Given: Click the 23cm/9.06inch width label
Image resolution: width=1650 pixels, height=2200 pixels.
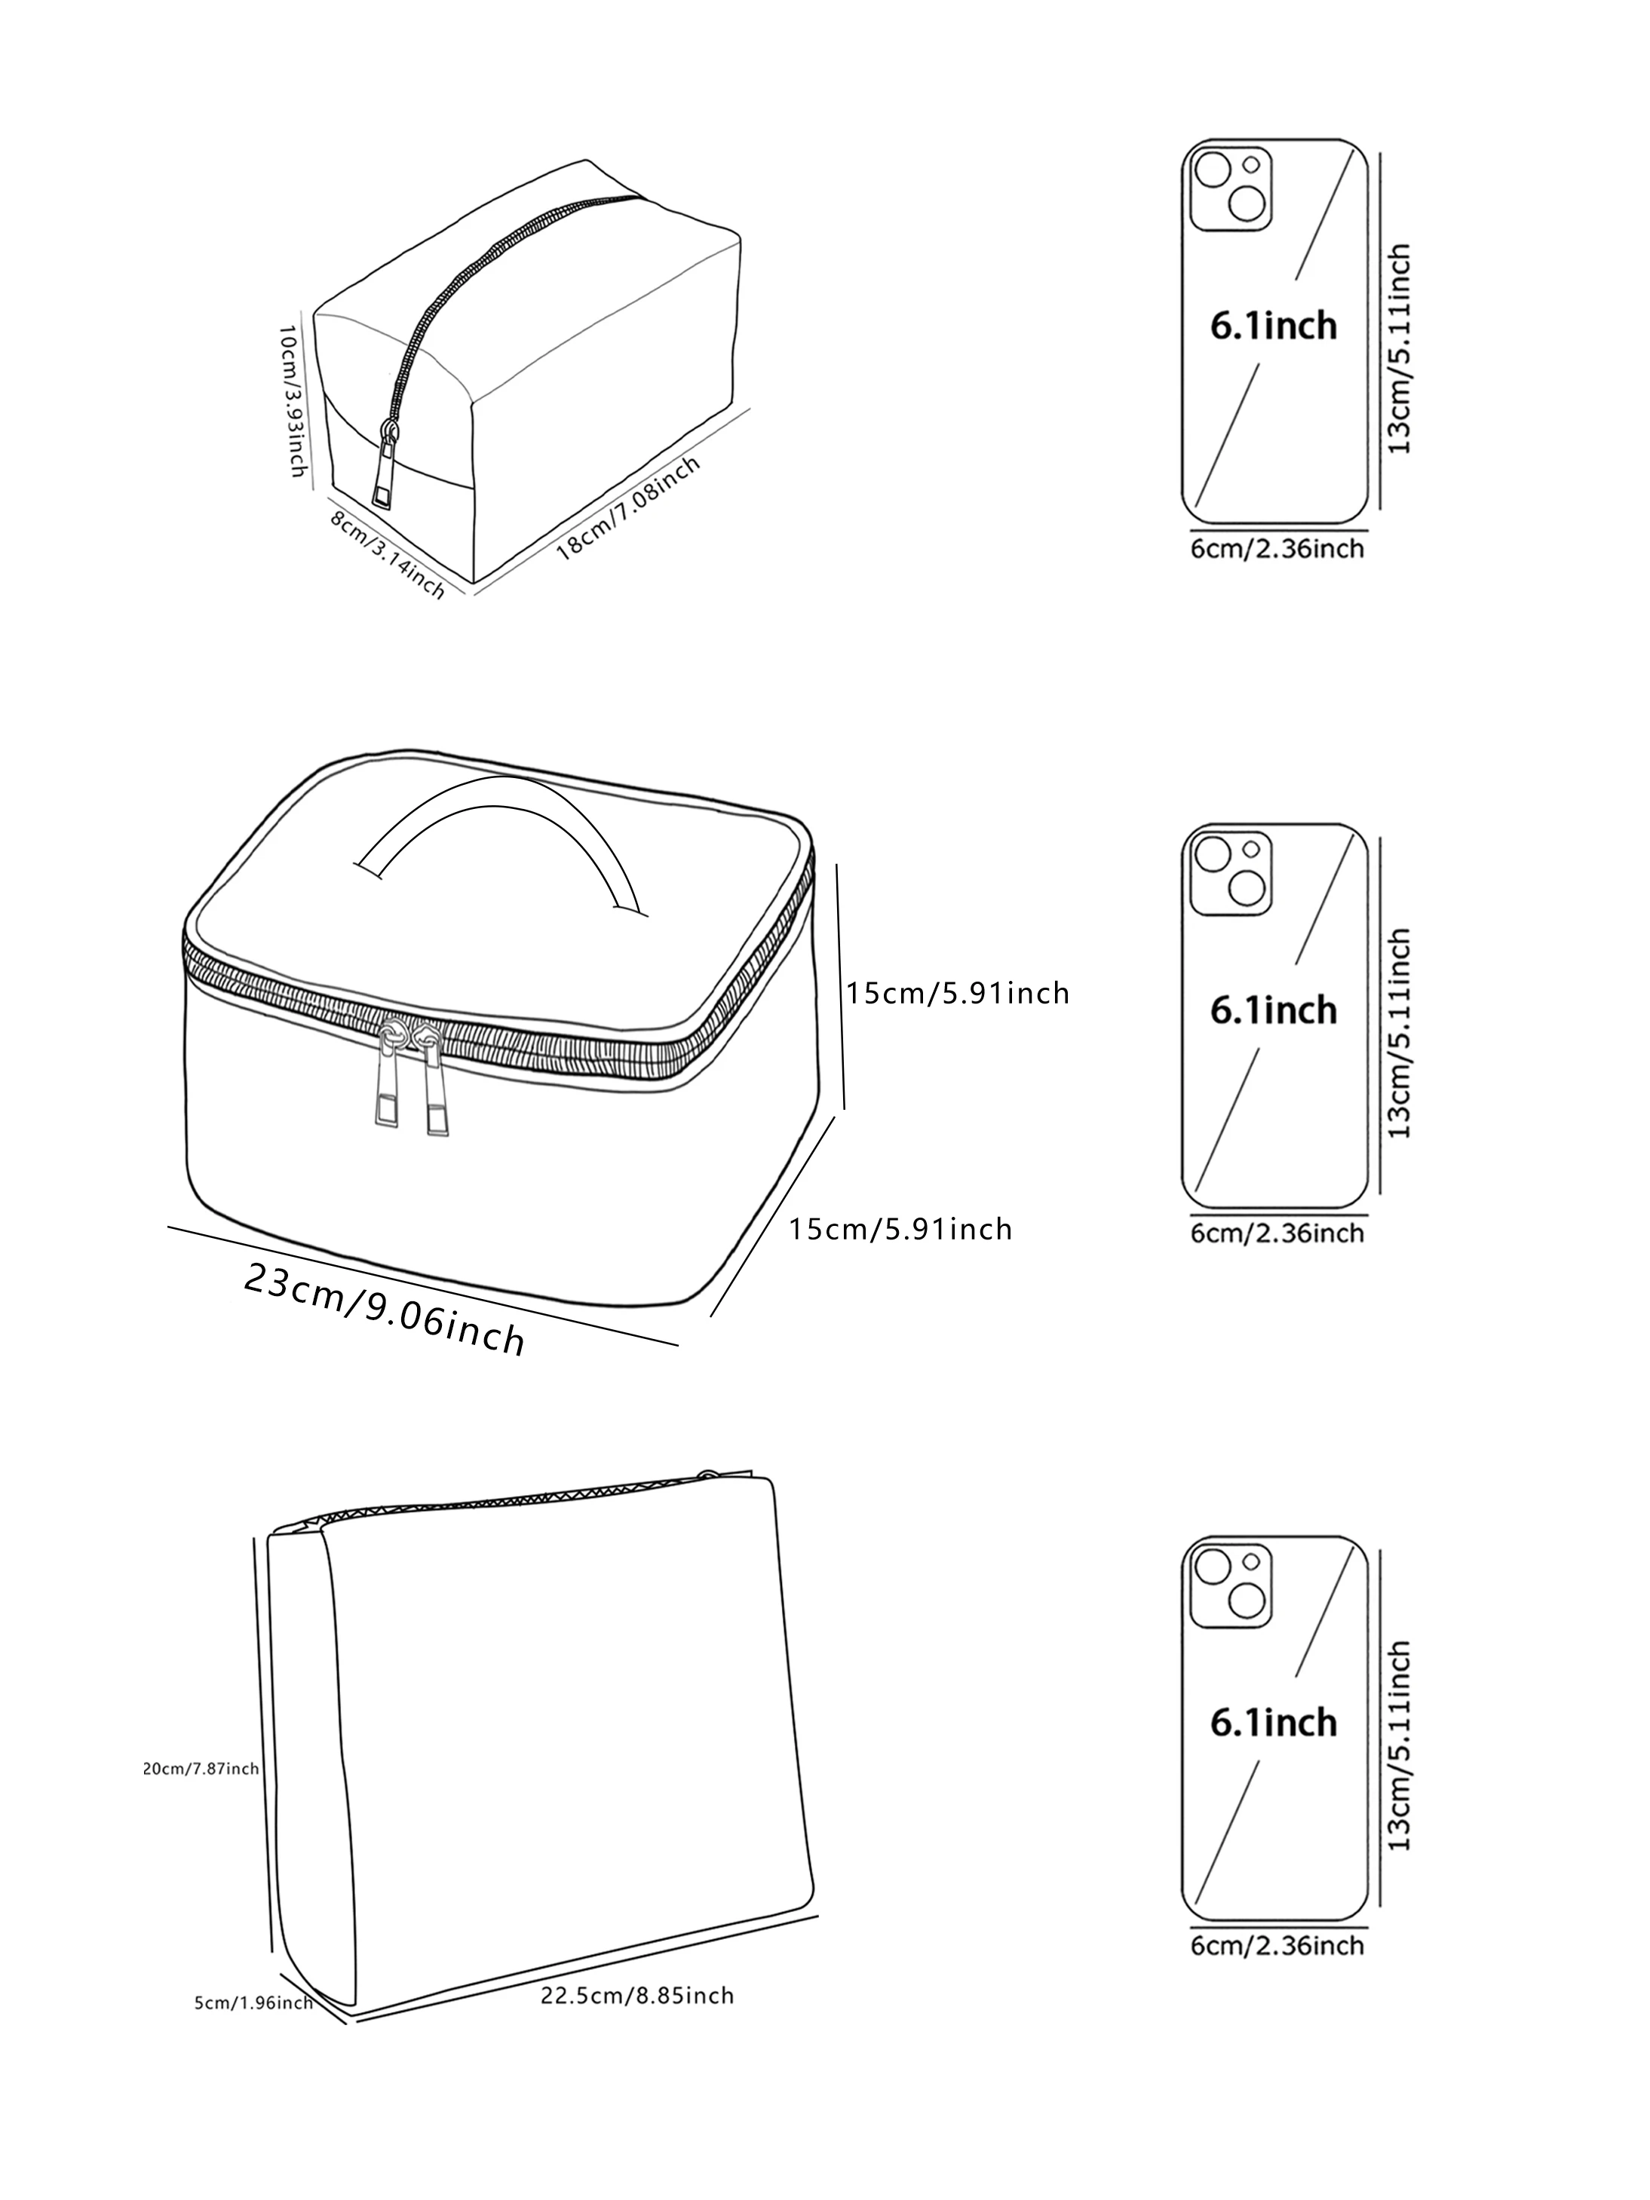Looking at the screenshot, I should (x=384, y=1308).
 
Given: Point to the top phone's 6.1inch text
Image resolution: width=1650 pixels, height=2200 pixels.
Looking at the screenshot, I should (x=1273, y=326).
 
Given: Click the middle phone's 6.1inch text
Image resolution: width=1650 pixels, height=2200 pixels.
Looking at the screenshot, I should (x=1273, y=1010).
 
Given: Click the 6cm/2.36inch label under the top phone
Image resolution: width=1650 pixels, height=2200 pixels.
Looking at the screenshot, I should (x=1277, y=548).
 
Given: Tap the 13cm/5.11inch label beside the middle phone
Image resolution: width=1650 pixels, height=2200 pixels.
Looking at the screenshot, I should (x=1400, y=1034).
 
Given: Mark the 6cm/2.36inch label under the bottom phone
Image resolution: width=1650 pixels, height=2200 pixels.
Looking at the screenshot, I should (x=1277, y=1945).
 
